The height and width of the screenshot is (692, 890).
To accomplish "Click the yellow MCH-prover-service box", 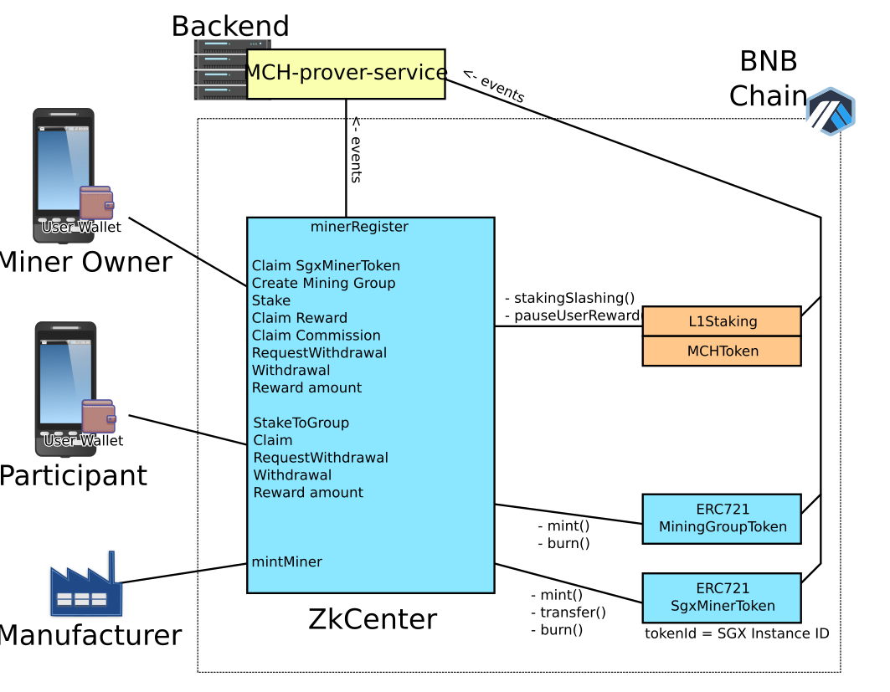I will [x=345, y=73].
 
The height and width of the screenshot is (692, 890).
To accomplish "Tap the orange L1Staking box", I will [x=722, y=321].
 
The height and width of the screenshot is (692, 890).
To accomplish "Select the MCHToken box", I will [x=722, y=351].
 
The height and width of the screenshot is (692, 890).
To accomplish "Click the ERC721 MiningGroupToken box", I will [x=722, y=519].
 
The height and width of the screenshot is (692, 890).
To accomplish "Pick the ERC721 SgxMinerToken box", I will [x=722, y=597].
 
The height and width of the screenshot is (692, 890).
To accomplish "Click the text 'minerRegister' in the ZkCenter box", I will [x=359, y=227].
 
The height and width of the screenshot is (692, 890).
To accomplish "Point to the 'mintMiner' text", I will [x=286, y=562].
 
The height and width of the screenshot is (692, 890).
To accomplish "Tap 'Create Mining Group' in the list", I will [x=323, y=283].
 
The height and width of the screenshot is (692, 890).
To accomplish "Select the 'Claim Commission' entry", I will [x=316, y=336].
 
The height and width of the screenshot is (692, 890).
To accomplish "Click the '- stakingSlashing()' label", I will [x=569, y=298].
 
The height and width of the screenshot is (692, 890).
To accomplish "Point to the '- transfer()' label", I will [x=568, y=613].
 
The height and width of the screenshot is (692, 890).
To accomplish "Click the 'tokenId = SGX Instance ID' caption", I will [x=736, y=634].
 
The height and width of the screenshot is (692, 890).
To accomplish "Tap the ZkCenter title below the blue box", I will [x=373, y=620].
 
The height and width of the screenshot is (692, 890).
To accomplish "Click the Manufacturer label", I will [x=90, y=636].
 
